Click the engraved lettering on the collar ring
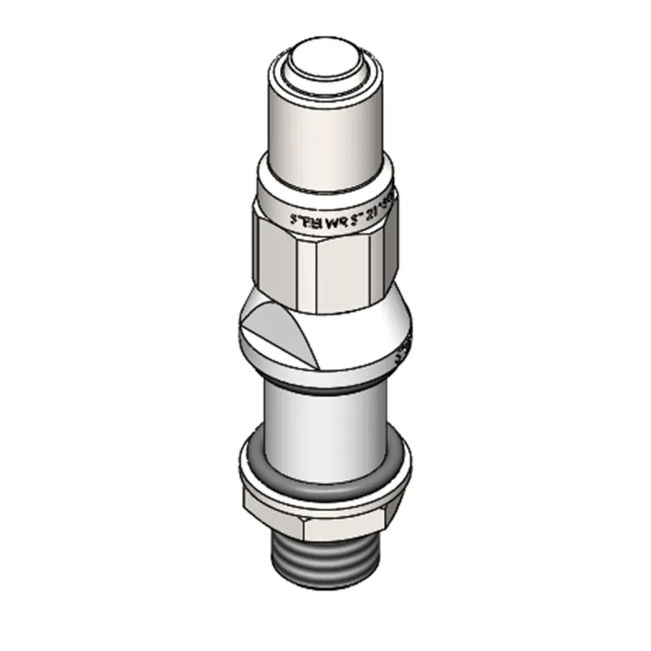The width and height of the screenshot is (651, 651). tap(334, 216)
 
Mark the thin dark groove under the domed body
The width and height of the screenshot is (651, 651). tap(325, 387)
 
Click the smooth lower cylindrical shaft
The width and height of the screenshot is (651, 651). tap(325, 431)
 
